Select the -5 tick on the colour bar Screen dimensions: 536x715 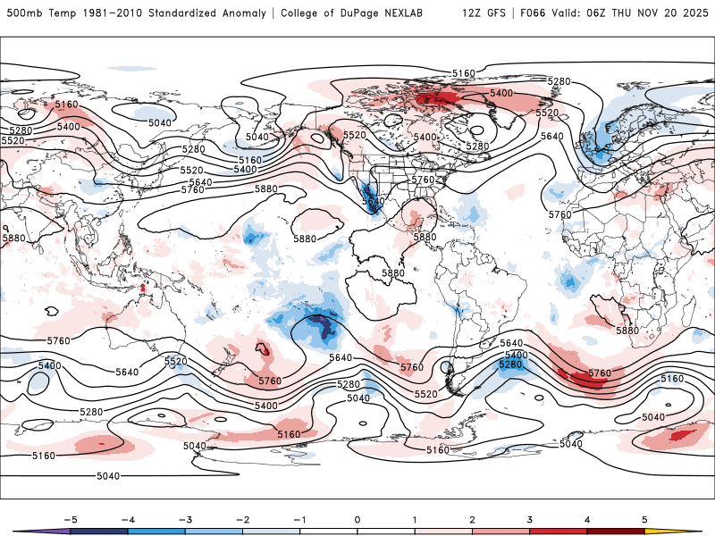71,519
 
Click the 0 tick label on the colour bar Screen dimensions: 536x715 357,519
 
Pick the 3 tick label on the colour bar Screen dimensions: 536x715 530,519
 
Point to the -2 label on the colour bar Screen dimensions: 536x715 243,519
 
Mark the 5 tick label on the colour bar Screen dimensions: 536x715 644,519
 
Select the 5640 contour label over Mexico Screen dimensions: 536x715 373,203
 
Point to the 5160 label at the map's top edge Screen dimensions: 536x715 464,73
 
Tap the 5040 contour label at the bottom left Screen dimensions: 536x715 107,476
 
